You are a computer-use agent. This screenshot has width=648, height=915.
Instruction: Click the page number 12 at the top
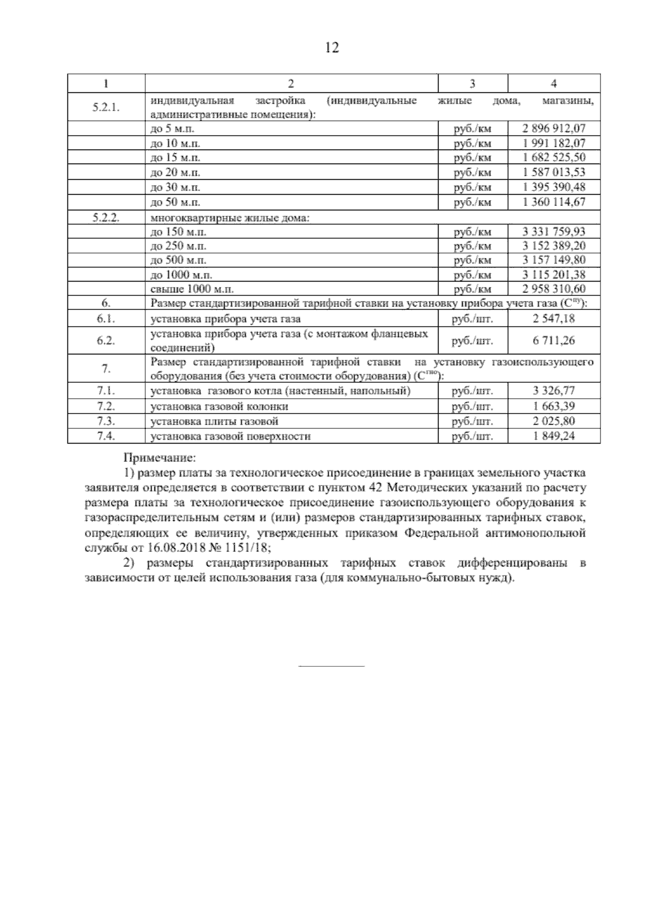point(332,48)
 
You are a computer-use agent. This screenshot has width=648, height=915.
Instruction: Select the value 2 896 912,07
point(554,128)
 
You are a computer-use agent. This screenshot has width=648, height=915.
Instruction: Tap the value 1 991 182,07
point(554,144)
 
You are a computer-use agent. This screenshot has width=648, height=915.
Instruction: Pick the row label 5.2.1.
point(106,107)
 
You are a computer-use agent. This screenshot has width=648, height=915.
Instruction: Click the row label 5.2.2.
point(106,217)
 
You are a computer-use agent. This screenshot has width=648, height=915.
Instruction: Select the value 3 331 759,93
point(554,232)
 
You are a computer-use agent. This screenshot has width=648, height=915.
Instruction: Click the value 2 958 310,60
point(554,289)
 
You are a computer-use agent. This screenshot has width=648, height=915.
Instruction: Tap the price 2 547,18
point(554,319)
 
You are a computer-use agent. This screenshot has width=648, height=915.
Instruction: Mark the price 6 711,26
point(554,340)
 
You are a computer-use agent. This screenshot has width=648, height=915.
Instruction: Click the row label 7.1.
point(106,391)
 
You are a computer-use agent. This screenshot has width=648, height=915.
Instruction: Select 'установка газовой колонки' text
point(219,406)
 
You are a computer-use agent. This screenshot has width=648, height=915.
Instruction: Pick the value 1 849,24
point(554,436)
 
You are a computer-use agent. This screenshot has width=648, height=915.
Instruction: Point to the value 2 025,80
point(554,421)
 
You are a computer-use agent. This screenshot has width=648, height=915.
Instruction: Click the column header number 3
point(473,84)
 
